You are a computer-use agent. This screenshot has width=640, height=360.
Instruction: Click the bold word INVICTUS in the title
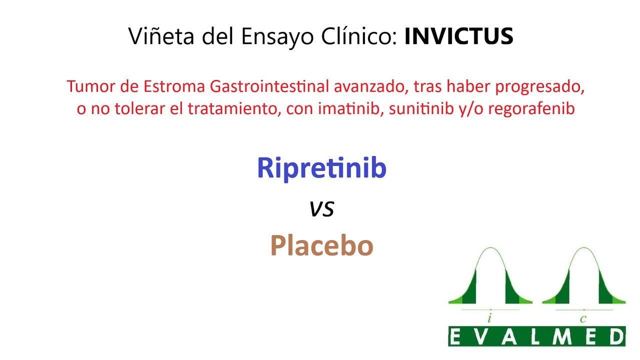(x=458, y=36)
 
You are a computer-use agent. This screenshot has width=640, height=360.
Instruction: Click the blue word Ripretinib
(x=321, y=168)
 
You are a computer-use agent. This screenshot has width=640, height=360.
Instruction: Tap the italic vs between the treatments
(x=321, y=208)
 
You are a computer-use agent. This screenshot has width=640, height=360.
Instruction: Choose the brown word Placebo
(x=321, y=245)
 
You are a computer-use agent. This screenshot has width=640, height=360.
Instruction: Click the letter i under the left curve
(x=490, y=318)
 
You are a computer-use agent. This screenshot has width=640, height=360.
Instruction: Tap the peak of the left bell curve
(x=490, y=248)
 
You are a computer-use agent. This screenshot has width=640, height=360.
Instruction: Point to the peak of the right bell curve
(x=583, y=248)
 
